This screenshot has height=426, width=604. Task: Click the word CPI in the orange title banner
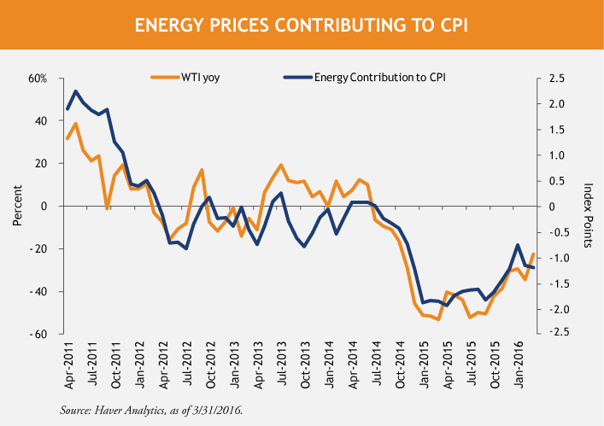pos(450,26)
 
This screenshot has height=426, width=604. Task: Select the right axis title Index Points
pos(588,207)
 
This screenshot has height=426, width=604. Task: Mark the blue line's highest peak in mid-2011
pos(76,90)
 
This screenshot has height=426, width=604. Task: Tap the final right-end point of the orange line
pos(533,254)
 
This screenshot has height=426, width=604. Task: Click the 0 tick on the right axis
pos(552,207)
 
